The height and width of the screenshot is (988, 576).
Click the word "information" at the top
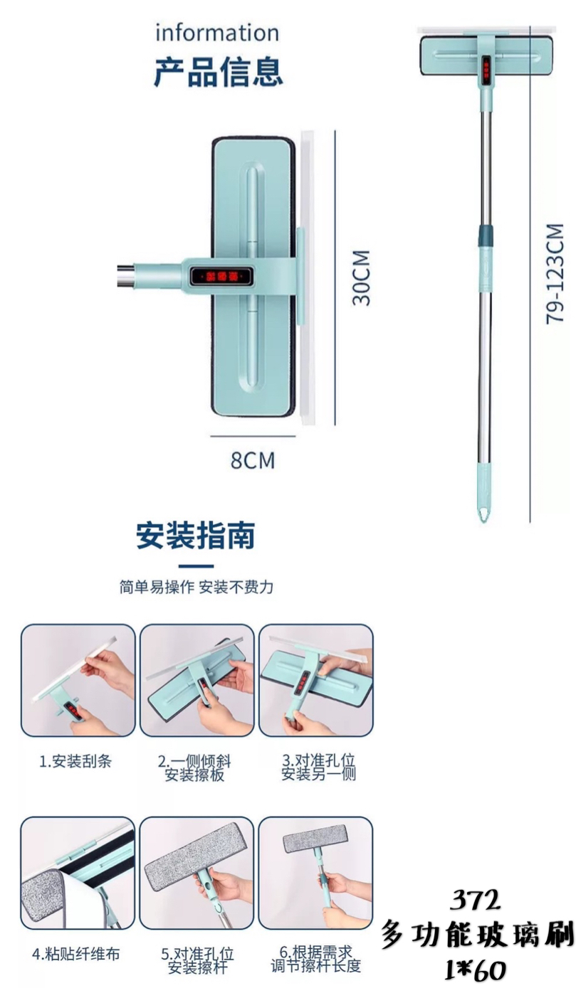click(x=216, y=33)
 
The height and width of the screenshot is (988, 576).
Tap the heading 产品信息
click(x=218, y=72)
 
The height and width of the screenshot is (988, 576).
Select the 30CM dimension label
click(x=361, y=278)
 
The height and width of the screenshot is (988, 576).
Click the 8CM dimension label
click(x=253, y=460)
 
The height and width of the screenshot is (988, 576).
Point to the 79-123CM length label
click(x=555, y=274)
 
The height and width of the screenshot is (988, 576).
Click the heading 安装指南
click(x=196, y=536)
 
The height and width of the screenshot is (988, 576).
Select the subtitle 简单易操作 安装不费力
click(x=197, y=587)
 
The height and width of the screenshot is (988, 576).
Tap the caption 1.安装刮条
click(x=75, y=761)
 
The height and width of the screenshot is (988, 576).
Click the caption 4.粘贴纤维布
click(x=76, y=955)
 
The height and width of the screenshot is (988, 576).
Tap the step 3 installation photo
click(x=316, y=680)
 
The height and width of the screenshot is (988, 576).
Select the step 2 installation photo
click(x=197, y=680)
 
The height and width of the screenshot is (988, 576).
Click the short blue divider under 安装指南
click(x=196, y=566)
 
